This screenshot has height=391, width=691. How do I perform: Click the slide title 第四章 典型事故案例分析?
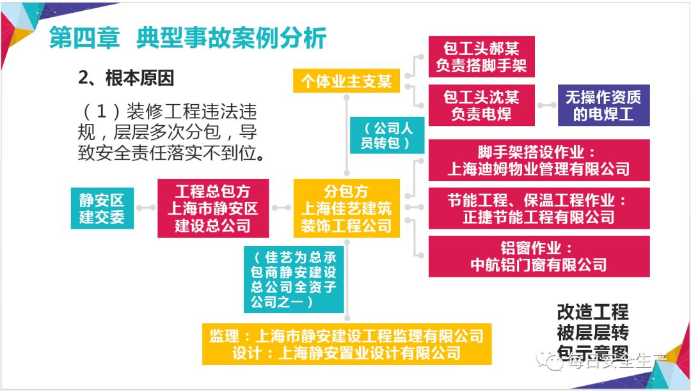pos(188,38)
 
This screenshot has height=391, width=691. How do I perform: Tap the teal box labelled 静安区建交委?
pos(102,207)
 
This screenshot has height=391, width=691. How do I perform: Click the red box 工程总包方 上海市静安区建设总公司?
pos(212,208)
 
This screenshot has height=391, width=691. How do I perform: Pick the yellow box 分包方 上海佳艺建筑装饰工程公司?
pos(346,208)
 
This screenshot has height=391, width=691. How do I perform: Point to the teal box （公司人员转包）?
pos(386,135)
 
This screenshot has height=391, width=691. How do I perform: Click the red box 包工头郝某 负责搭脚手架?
pos(481,56)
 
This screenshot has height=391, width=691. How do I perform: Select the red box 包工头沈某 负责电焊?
pos(481,105)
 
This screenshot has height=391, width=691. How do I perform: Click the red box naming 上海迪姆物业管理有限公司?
pos(538,160)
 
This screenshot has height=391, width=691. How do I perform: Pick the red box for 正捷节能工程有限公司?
pos(538,208)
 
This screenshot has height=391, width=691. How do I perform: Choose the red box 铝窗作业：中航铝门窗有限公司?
pos(538,256)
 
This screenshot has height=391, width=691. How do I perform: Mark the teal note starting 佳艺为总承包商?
pos(294,280)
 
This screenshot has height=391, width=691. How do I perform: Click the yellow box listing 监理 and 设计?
pos(346,343)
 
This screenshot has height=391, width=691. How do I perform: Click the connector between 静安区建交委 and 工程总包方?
pos(146,208)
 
